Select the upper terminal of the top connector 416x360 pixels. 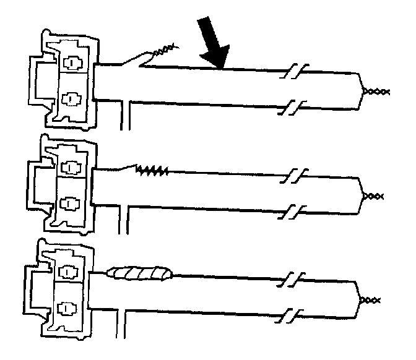click(x=73, y=64)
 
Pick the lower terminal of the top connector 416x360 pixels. click(x=72, y=98)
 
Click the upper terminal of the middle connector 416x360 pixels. click(x=72, y=168)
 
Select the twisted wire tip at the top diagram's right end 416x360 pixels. click(x=375, y=92)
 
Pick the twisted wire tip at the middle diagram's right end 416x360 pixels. click(x=373, y=196)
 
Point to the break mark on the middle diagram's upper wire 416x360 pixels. click(x=293, y=175)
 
